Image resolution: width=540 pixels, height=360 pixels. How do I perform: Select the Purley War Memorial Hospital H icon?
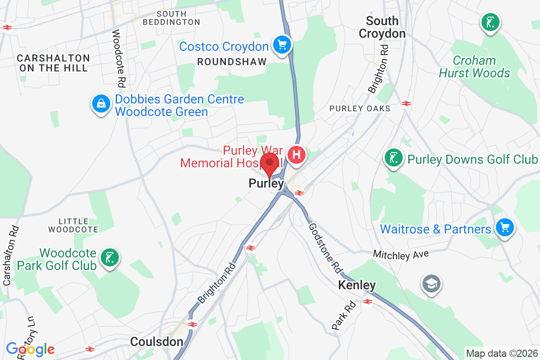coord(297,155)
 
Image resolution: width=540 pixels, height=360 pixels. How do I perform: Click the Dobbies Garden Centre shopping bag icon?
coord(101,104)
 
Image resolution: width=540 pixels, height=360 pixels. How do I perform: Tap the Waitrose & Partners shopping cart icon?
coord(504,227)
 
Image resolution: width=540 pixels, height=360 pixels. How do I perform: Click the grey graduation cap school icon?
coord(431,283)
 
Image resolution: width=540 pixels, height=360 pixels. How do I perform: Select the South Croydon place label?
coord(382,27)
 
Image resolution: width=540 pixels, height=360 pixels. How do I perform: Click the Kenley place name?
coord(356,285)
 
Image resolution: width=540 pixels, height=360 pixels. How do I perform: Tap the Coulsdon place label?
coord(157,342)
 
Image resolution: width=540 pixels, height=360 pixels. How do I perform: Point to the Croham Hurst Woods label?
coord(475,67)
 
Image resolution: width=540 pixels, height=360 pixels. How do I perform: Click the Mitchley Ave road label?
coord(400,255)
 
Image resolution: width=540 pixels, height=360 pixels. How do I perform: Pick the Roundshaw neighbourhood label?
coord(232,62)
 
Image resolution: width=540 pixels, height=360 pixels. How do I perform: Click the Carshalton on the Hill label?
coord(53,63)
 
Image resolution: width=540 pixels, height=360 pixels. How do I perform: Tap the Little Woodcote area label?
coord(73,225)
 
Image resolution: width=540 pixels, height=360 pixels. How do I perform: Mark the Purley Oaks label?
coord(360,108)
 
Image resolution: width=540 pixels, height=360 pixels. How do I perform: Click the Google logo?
coord(30,349)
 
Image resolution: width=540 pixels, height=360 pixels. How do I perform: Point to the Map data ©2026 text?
coord(501,353)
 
